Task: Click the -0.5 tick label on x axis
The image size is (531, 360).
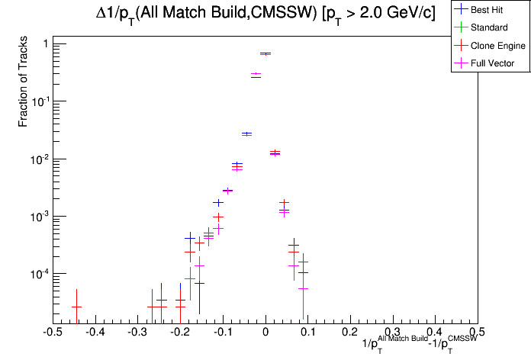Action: pyautogui.click(x=52, y=333)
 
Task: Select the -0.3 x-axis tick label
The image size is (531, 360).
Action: pyautogui.click(x=137, y=333)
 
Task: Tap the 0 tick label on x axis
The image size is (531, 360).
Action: pyautogui.click(x=265, y=333)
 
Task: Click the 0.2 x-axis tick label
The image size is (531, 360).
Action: pyautogui.click(x=350, y=333)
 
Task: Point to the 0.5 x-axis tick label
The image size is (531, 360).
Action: pyautogui.click(x=478, y=333)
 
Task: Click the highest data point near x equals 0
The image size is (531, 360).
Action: pyautogui.click(x=265, y=53)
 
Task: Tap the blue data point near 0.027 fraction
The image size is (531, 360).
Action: pyautogui.click(x=246, y=133)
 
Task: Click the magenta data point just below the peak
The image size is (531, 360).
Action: pyautogui.click(x=256, y=74)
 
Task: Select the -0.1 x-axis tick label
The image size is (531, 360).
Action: pyautogui.click(x=222, y=333)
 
